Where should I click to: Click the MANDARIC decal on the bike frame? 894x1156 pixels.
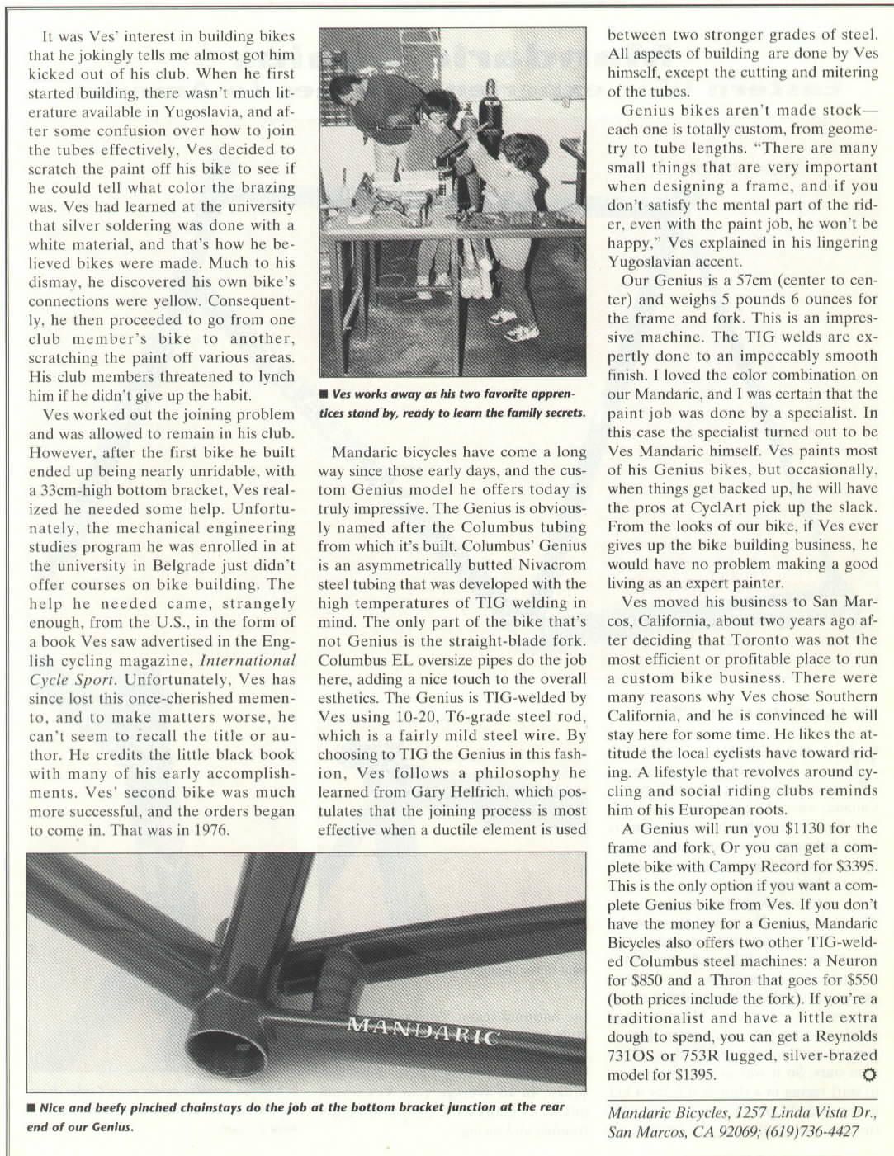422,1031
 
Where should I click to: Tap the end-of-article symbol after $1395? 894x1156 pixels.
867,1074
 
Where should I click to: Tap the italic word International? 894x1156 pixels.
248,660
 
